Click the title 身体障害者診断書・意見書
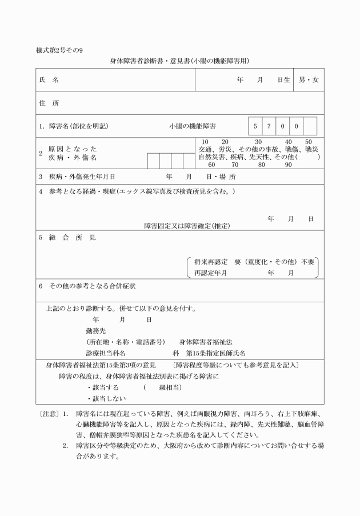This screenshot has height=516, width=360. (150, 60)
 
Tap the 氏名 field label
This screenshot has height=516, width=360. (49, 80)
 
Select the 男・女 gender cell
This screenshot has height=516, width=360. (309, 80)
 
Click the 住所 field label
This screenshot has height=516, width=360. (49, 103)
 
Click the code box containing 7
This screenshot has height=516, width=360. (269, 125)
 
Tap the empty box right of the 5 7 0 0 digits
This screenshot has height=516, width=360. (310, 125)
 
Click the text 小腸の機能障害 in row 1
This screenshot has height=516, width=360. (196, 126)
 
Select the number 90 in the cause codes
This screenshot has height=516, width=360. (288, 165)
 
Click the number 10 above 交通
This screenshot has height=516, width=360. (206, 142)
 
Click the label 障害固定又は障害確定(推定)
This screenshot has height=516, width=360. (186, 226)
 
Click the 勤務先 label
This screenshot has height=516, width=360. (95, 330)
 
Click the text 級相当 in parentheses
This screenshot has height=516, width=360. (170, 387)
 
